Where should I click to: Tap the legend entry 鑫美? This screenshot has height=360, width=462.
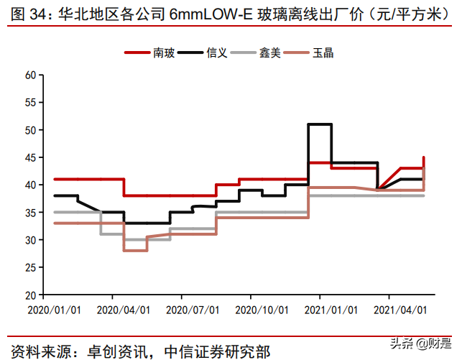tap(270, 52)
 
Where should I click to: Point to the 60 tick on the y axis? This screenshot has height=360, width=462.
tap(30, 75)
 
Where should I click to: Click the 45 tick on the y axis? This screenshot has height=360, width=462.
tap(30, 157)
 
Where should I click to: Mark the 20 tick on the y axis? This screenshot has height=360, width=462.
tap(30, 295)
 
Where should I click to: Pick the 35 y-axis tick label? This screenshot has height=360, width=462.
tap(30, 213)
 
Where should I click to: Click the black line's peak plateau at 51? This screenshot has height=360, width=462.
tap(320, 124)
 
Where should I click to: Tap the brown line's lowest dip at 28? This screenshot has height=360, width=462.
tap(135, 250)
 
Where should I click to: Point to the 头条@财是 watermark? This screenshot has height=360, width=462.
tap(430, 343)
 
